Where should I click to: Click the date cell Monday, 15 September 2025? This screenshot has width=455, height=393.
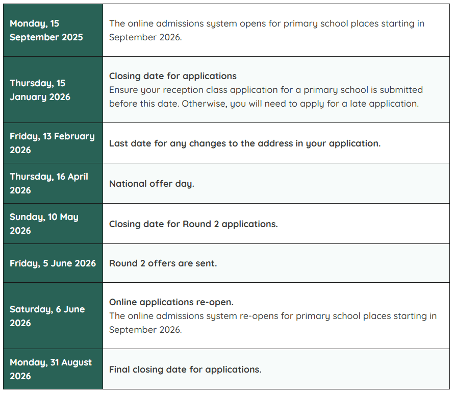pyautogui.click(x=53, y=30)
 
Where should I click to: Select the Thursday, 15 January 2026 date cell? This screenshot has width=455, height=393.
pyautogui.click(x=53, y=90)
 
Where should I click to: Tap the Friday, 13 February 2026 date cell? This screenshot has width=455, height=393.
pyautogui.click(x=53, y=143)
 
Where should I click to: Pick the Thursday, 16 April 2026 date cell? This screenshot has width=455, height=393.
pyautogui.click(x=53, y=183)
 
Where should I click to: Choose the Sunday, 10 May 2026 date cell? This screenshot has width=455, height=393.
pyautogui.click(x=53, y=224)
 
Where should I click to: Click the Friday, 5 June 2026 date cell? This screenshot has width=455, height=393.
pyautogui.click(x=53, y=263)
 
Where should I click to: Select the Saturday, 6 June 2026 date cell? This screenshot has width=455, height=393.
pyautogui.click(x=53, y=316)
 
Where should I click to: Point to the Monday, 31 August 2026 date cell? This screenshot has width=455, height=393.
pyautogui.click(x=53, y=369)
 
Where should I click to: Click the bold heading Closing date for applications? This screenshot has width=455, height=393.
pyautogui.click(x=173, y=76)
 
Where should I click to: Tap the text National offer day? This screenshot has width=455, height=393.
pyautogui.click(x=151, y=184)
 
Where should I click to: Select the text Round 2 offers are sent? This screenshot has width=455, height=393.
pyautogui.click(x=163, y=264)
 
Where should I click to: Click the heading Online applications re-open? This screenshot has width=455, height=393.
pyautogui.click(x=171, y=302)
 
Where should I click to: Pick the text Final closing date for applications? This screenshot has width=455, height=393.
pyautogui.click(x=185, y=370)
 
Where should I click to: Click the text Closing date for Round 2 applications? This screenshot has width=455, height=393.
pyautogui.click(x=193, y=224)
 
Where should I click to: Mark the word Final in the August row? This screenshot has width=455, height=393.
pyautogui.click(x=119, y=370)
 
